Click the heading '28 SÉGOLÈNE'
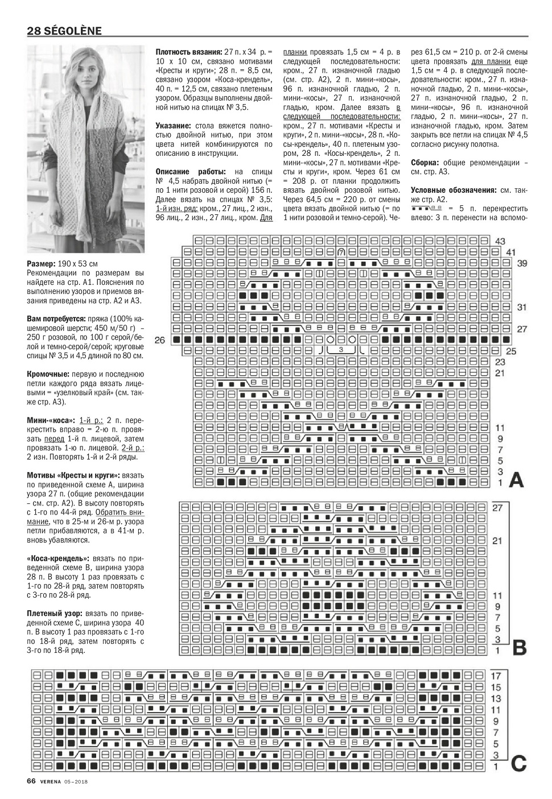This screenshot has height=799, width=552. [x=64, y=31]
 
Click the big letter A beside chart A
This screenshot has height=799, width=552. [x=516, y=481]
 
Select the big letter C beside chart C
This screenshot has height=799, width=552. [x=518, y=763]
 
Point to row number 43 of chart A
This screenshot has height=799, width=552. [x=500, y=241]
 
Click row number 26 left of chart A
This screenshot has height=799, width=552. [x=159, y=340]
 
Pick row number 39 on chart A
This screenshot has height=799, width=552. [x=522, y=263]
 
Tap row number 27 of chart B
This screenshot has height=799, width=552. [x=497, y=507]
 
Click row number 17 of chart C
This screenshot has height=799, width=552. [x=496, y=676]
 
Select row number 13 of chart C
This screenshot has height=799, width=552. [x=496, y=698]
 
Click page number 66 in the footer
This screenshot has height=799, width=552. [x=32, y=781]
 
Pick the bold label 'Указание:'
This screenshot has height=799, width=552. [x=173, y=125]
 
